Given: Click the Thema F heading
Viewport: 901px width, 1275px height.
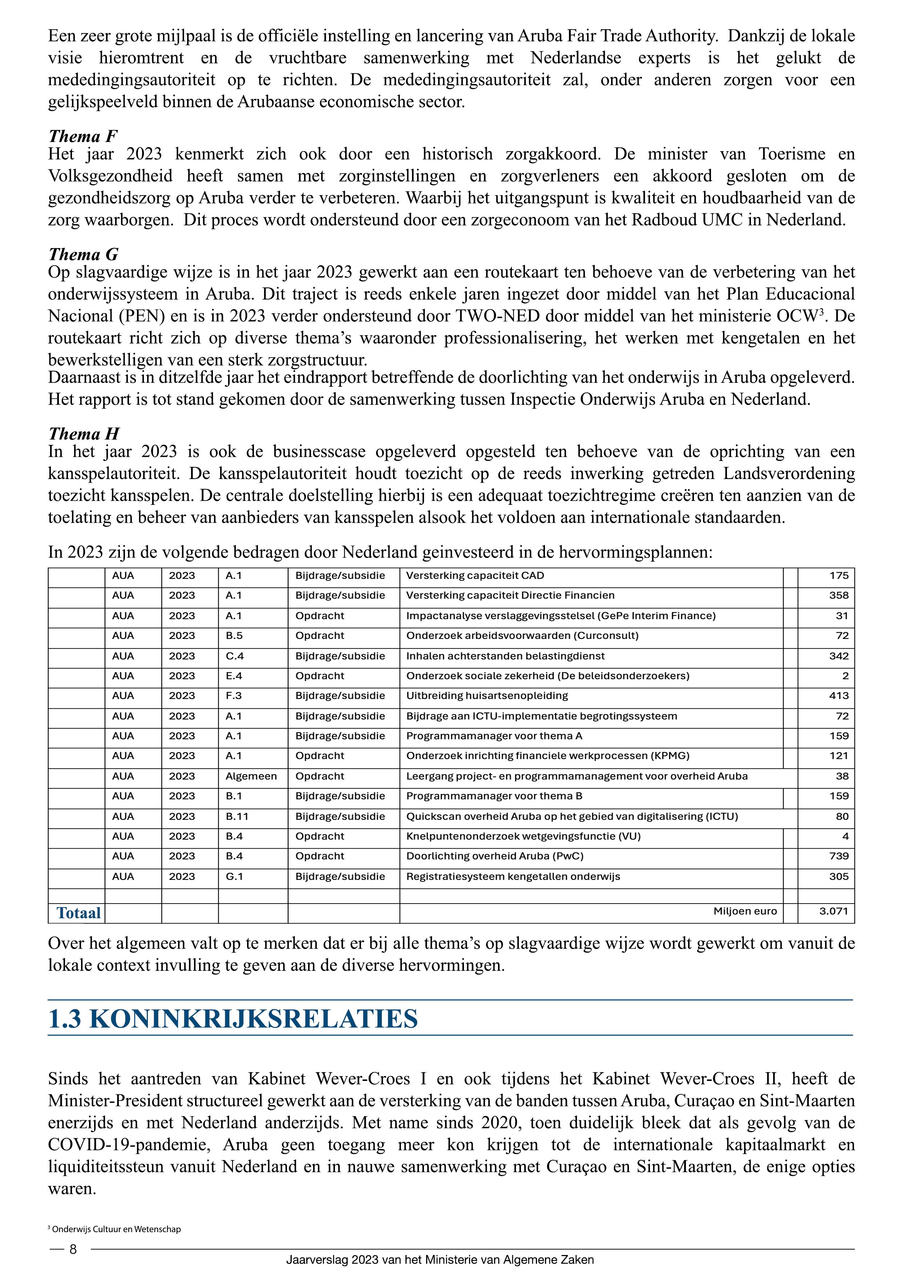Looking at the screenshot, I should coord(83,136).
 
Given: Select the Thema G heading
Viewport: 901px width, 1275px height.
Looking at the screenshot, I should coord(83,254).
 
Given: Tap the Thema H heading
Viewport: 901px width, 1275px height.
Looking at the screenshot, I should coord(84,434).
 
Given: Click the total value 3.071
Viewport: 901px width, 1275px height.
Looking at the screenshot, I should coord(834,911).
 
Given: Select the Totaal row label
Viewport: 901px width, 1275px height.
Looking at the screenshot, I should coord(79,913).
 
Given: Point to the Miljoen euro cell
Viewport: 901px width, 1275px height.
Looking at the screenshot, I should coord(745,911).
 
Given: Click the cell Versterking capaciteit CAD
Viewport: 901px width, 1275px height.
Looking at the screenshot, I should coord(475,576).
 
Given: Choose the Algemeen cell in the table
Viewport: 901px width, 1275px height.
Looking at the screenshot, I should coord(251,776).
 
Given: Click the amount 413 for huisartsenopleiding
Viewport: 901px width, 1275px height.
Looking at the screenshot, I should coord(838,696).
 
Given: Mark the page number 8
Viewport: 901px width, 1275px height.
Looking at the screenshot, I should coord(73,1250).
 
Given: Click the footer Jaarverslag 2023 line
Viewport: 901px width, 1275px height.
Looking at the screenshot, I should coord(440,1260).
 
